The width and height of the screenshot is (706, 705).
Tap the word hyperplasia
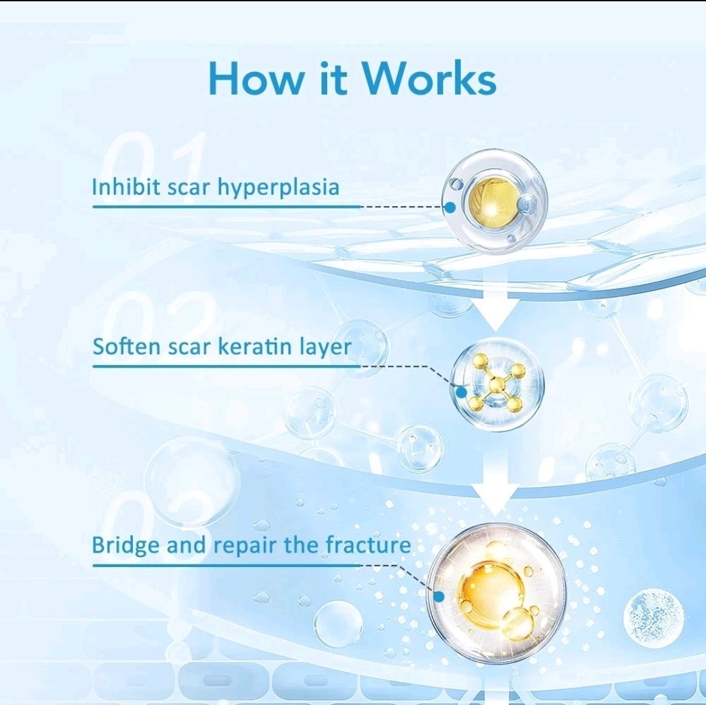click(278, 188)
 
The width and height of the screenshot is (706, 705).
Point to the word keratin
click(255, 346)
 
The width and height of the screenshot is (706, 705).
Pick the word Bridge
click(126, 545)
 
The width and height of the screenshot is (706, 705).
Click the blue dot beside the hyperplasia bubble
click(450, 207)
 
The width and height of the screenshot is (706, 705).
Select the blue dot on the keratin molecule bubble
click(461, 392)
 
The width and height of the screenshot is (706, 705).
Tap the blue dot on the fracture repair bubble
click(439, 596)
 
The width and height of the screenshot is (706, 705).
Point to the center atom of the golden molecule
click(497, 384)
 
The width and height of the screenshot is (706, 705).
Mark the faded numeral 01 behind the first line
click(153, 167)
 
